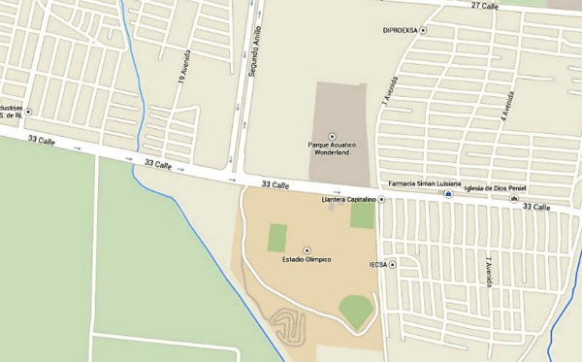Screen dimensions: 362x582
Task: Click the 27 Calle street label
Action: (484, 6)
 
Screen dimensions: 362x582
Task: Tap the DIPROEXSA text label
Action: (400, 30)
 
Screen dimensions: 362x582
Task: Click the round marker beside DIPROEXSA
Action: (423, 30)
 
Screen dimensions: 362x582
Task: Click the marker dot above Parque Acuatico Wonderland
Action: (332, 136)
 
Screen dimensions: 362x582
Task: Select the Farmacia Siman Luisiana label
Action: (425, 183)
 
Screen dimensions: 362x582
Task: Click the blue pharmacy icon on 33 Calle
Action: (448, 195)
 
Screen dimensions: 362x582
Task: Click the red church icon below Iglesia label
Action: (514, 199)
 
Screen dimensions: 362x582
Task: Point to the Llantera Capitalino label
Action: (348, 199)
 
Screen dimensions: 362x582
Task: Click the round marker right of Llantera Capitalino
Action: (381, 199)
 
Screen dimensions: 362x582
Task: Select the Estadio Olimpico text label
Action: (307, 260)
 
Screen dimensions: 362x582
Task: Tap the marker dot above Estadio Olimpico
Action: (307, 249)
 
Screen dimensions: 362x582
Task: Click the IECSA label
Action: (378, 264)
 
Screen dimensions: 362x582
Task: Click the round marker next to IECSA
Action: (393, 264)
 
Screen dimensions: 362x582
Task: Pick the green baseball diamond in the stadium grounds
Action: (357, 311)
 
